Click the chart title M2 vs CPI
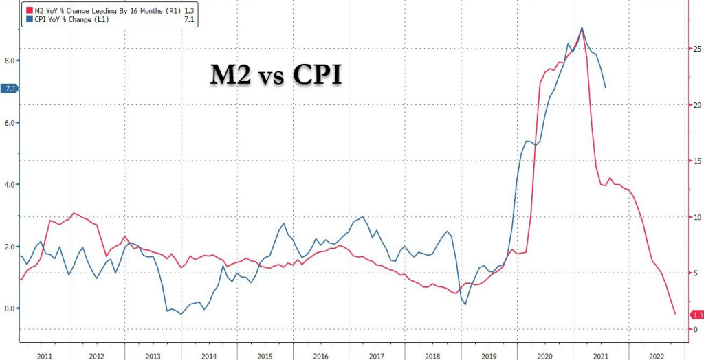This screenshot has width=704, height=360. (x=276, y=74)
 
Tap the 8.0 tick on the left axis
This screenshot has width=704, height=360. (x=9, y=60)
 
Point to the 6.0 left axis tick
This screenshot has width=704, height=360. (x=9, y=123)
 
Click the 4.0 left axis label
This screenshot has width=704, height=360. (x=9, y=185)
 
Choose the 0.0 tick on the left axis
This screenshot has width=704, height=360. (x=9, y=308)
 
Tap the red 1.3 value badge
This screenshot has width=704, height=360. (x=696, y=315)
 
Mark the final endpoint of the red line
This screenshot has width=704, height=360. (x=674, y=314)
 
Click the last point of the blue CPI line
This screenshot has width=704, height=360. (x=605, y=88)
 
